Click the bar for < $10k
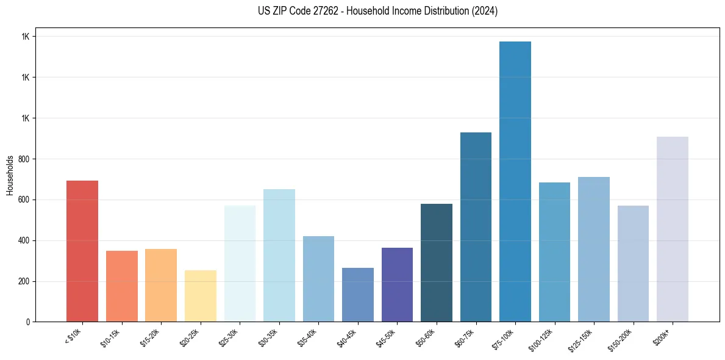point(82,251)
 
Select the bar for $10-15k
point(121,286)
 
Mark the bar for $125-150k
point(593,249)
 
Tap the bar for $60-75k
point(476,227)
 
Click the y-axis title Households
point(10,175)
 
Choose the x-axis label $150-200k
point(620,339)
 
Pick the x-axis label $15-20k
point(151,337)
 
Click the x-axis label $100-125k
point(541,339)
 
